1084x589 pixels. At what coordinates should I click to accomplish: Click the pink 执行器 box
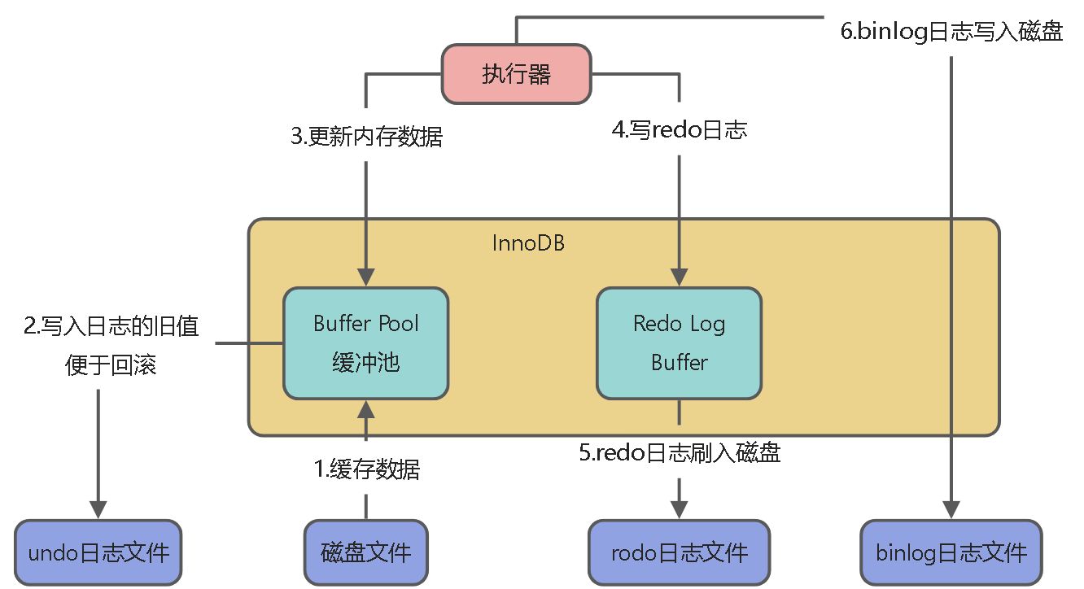516,74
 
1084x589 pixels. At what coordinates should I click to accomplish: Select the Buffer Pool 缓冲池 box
365,342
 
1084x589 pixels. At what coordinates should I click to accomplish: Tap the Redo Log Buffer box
679,342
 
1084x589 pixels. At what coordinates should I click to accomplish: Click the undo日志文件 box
98,553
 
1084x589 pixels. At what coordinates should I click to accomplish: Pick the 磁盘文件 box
365,553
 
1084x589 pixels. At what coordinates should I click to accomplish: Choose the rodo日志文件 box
679,553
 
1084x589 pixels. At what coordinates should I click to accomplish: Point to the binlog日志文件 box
951,553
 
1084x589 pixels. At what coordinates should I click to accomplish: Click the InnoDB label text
528,242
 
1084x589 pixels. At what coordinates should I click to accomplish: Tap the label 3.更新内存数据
366,136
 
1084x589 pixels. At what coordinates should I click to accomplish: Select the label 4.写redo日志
679,129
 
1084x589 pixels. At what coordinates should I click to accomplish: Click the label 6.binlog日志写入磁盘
951,33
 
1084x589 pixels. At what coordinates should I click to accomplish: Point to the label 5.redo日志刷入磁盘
679,452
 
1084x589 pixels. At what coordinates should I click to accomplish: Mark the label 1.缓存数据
367,469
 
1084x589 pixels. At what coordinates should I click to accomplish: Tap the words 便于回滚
111,364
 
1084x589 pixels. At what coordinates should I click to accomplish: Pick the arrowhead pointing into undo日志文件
98,509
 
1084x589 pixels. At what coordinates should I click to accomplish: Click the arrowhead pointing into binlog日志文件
951,509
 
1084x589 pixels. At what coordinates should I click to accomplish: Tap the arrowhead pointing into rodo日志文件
679,509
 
